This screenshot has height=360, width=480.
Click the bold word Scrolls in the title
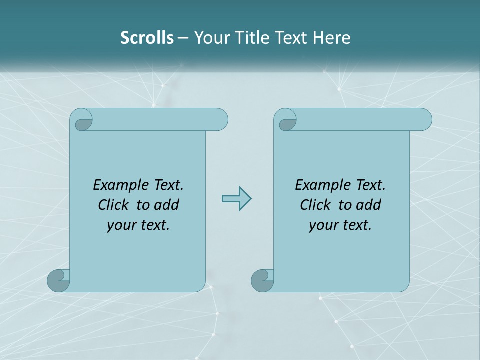click(147, 38)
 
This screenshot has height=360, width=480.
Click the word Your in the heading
click(212, 38)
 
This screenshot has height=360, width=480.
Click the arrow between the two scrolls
click(236, 198)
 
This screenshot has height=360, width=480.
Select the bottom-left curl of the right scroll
click(262, 281)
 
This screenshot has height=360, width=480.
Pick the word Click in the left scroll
click(109, 205)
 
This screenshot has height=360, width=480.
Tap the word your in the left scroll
click(119, 225)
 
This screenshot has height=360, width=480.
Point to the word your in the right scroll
click(321, 225)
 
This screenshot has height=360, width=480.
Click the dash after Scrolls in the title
click(183, 38)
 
